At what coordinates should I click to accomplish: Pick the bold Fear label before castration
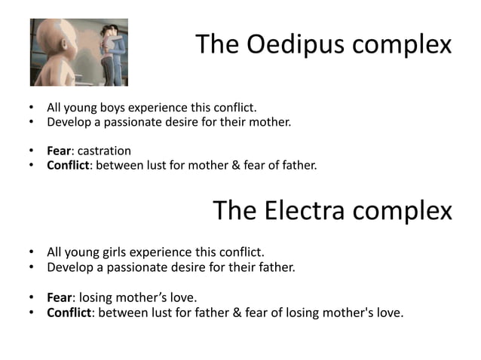60,151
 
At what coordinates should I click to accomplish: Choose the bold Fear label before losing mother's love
60,297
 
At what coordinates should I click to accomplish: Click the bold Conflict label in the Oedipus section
69,165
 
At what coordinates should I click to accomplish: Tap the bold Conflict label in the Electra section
69,311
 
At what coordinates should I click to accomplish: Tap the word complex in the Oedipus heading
404,45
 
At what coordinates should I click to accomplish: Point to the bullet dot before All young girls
32,252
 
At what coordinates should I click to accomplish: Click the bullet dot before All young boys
32,108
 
